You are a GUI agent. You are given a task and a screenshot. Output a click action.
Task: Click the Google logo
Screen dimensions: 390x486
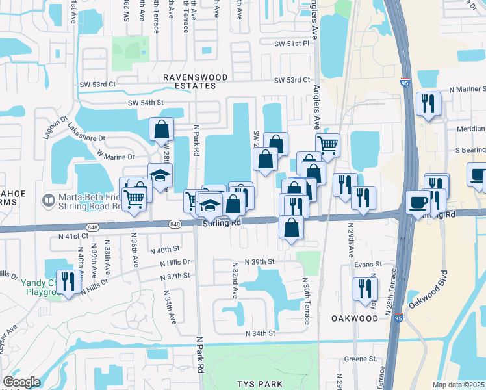click(x=21, y=382)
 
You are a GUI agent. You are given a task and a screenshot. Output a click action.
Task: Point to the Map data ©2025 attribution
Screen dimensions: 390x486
click(x=458, y=385)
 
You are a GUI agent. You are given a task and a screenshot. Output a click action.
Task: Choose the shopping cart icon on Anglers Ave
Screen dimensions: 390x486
click(x=328, y=144)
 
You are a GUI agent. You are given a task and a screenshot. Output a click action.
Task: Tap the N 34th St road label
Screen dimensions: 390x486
click(x=261, y=333)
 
